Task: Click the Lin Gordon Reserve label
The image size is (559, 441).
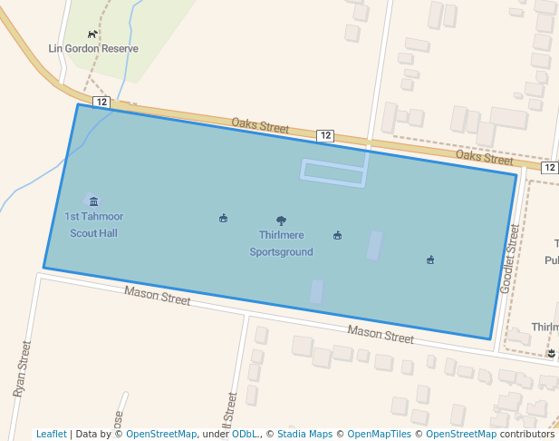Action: (x=93, y=48)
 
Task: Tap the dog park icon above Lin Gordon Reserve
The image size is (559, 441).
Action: (x=92, y=34)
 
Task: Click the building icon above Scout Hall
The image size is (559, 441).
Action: (x=93, y=201)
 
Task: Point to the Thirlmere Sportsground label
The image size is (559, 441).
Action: (x=281, y=243)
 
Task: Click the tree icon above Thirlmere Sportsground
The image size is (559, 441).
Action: (x=281, y=220)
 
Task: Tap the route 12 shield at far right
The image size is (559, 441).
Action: (x=550, y=168)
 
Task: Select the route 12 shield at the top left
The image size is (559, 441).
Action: (x=101, y=102)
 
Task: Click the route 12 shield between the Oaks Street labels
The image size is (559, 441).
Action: (x=325, y=135)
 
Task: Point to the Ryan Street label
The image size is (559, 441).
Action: (x=23, y=368)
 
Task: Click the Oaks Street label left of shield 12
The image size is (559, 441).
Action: (x=260, y=125)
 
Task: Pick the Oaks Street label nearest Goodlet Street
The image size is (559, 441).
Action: (x=484, y=158)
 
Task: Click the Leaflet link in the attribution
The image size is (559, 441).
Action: (x=51, y=435)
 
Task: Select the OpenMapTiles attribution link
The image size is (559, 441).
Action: (x=379, y=435)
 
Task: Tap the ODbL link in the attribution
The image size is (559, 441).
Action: (x=245, y=435)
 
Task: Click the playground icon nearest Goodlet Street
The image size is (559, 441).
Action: (x=430, y=260)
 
